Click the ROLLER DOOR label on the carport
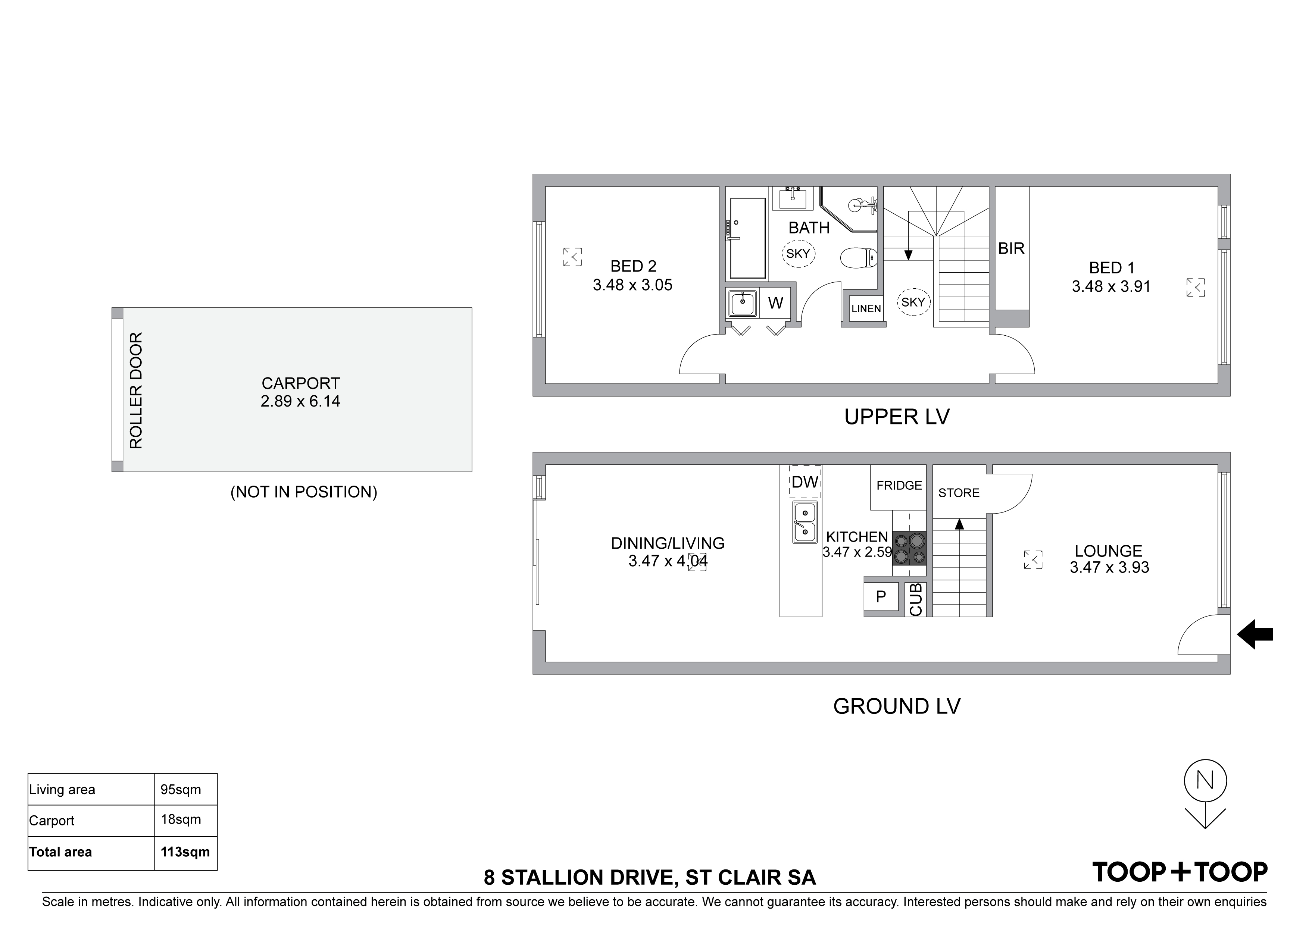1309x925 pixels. (136, 391)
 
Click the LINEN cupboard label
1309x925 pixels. (866, 309)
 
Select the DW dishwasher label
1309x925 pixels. (805, 482)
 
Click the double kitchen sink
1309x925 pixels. (805, 522)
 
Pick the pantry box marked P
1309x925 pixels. (881, 597)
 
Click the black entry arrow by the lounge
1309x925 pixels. (1255, 634)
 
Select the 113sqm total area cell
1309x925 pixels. (185, 852)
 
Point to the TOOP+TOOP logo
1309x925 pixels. (1180, 872)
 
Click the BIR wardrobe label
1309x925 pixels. (1011, 248)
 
